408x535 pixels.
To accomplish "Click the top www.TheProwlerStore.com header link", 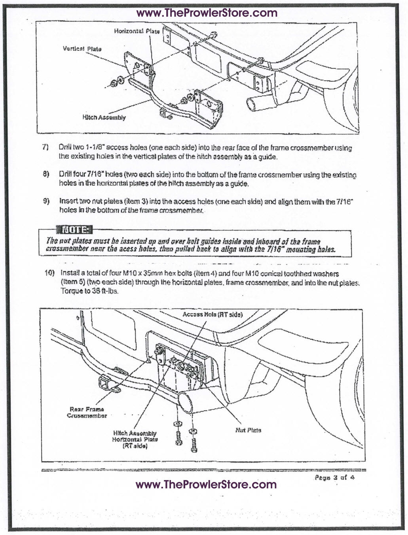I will (x=207, y=13).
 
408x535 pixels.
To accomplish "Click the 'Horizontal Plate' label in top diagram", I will (x=137, y=31).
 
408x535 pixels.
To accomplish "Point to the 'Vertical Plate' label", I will (x=82, y=49).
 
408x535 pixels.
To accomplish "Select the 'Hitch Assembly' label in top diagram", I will (x=104, y=117).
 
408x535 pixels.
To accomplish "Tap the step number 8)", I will (x=46, y=174).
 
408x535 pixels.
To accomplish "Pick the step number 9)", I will (x=46, y=201).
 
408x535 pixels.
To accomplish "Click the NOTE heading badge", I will (x=74, y=230).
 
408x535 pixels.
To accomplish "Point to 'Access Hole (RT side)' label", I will (x=213, y=315).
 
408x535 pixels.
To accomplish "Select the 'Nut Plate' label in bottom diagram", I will (x=248, y=430).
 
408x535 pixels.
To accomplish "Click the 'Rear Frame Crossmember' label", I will (x=87, y=413).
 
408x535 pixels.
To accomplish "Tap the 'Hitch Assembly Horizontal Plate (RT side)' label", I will (x=135, y=439).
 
